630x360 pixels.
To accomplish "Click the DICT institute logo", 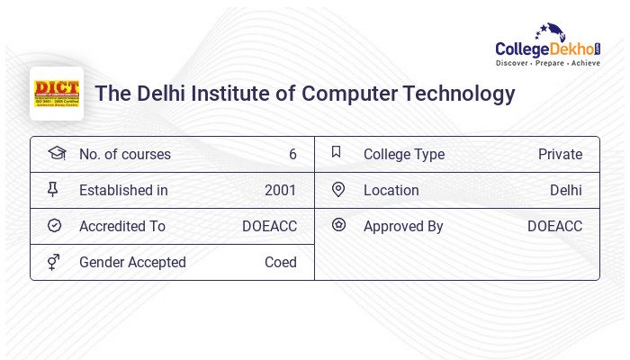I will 57,94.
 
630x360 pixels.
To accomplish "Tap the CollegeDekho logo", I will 548,47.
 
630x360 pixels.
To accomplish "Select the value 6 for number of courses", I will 292,154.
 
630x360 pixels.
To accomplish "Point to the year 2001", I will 281,190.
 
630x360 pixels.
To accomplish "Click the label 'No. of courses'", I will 125,154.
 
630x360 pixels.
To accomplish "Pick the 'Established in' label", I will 123,190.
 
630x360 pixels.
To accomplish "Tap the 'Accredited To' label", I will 122,226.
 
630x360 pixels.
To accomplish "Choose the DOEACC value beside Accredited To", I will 269,226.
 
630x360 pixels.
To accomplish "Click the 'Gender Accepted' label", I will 132,262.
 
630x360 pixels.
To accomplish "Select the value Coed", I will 281,262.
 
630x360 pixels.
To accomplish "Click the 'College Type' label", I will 404,154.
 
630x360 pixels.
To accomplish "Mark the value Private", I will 560,154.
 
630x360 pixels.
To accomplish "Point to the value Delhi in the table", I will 566,190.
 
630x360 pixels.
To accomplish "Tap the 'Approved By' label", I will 403,226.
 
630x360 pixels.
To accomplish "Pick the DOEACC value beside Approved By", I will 554,226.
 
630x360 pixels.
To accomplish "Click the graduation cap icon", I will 56,153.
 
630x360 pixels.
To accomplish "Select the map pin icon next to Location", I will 338,189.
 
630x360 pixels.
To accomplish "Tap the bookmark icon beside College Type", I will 337,152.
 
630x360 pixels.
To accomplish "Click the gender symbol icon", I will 54,262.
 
